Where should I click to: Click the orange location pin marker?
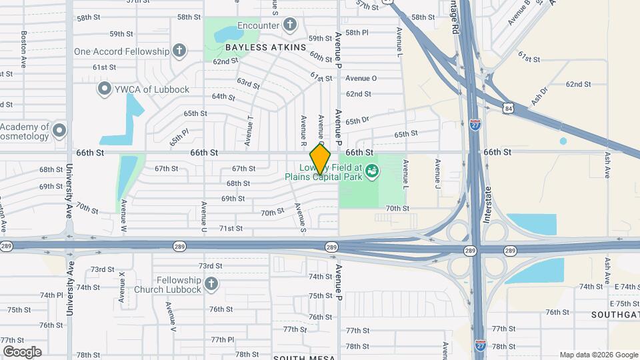pos(321,159)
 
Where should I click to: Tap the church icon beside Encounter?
pos(289,25)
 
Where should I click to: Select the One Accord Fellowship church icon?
pos(179,51)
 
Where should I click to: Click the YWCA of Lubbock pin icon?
pos(104,89)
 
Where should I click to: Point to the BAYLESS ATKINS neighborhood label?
pos(265,47)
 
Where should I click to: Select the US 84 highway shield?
pos(509,107)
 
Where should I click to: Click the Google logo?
pos(22,352)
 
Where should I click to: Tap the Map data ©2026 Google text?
pos(599,355)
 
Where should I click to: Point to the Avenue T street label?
pos(249,131)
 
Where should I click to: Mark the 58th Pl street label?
pos(357,32)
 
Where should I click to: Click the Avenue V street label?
pos(172,318)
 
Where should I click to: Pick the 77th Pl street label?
pos(223,339)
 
